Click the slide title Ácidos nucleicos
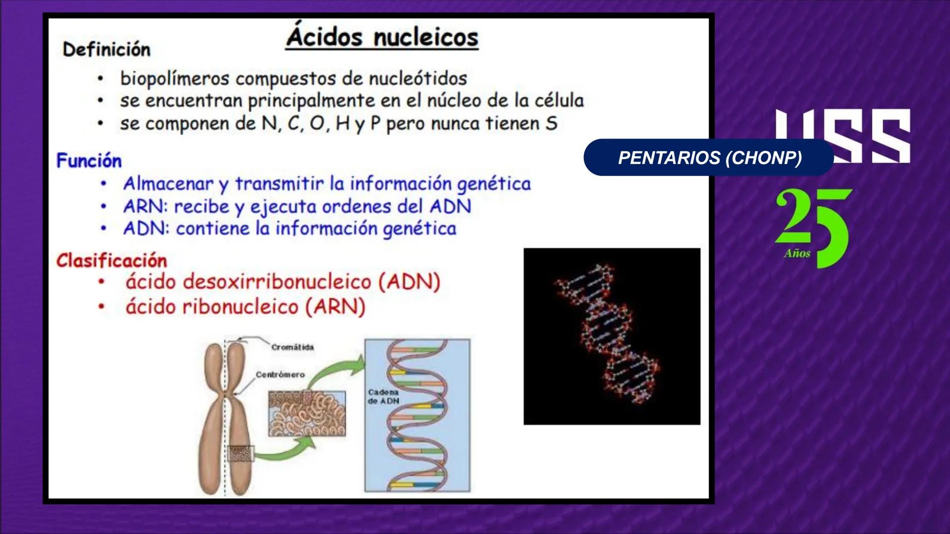(382, 38)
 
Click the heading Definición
(106, 49)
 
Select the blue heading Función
(89, 161)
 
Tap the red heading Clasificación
(112, 261)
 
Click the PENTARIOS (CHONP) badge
(709, 158)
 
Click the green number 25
(813, 222)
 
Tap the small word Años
(797, 254)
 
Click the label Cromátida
(292, 348)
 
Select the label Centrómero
(280, 375)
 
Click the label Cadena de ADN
(383, 397)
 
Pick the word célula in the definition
(559, 101)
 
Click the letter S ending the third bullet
(551, 124)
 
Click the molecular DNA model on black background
(612, 336)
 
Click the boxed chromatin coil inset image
(307, 414)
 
